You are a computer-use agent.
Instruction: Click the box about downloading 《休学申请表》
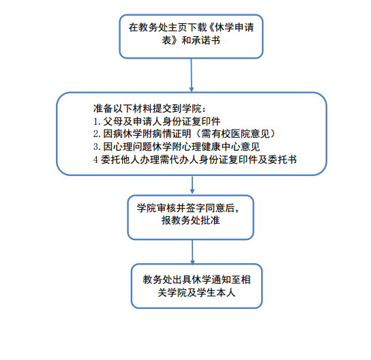pyautogui.click(x=191, y=36)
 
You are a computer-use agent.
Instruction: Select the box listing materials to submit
pyautogui.click(x=192, y=134)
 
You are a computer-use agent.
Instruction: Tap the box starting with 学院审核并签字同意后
pyautogui.click(x=191, y=217)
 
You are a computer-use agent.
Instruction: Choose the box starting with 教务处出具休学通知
pyautogui.click(x=196, y=286)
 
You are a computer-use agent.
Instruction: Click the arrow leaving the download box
pyautogui.click(x=192, y=75)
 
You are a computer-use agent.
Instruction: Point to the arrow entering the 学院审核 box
pyautogui.click(x=192, y=185)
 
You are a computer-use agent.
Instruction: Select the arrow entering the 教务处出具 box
pyautogui.click(x=192, y=252)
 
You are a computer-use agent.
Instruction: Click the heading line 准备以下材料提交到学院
pyautogui.click(x=149, y=108)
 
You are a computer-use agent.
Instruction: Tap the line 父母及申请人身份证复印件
pyautogui.click(x=157, y=121)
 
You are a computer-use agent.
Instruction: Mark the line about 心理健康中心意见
pyautogui.click(x=177, y=147)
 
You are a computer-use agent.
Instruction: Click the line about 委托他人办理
pyautogui.click(x=195, y=160)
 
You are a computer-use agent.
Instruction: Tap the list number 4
pyautogui.click(x=95, y=160)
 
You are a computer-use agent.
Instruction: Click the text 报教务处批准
pyautogui.click(x=191, y=220)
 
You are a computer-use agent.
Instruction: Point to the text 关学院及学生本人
pyautogui.click(x=196, y=292)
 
